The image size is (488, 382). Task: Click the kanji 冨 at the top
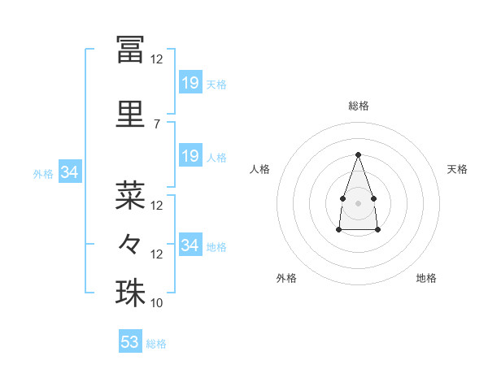tap(130, 49)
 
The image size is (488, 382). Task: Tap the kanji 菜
tap(130, 195)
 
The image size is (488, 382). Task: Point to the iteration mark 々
tap(129, 244)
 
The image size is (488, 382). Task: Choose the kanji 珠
tap(130, 293)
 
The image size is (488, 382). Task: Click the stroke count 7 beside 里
tap(157, 124)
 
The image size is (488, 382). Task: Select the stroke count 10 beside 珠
tap(156, 302)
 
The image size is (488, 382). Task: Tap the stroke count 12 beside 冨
tap(156, 59)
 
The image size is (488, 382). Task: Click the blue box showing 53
tap(130, 341)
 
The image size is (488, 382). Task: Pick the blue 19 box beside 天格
tap(191, 82)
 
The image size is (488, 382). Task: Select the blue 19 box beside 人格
tap(191, 155)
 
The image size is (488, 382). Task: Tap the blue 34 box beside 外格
tap(70, 171)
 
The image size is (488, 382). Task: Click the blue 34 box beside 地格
tap(191, 244)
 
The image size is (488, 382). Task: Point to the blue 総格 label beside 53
tap(156, 344)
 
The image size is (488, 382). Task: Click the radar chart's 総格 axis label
tap(359, 106)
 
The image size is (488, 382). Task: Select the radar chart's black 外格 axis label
tap(286, 278)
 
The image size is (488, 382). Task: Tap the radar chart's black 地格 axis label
tap(426, 278)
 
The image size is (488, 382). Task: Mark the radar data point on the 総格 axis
tap(358, 154)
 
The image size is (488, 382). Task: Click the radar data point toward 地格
tap(377, 229)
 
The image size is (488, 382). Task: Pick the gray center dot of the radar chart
tap(358, 203)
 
